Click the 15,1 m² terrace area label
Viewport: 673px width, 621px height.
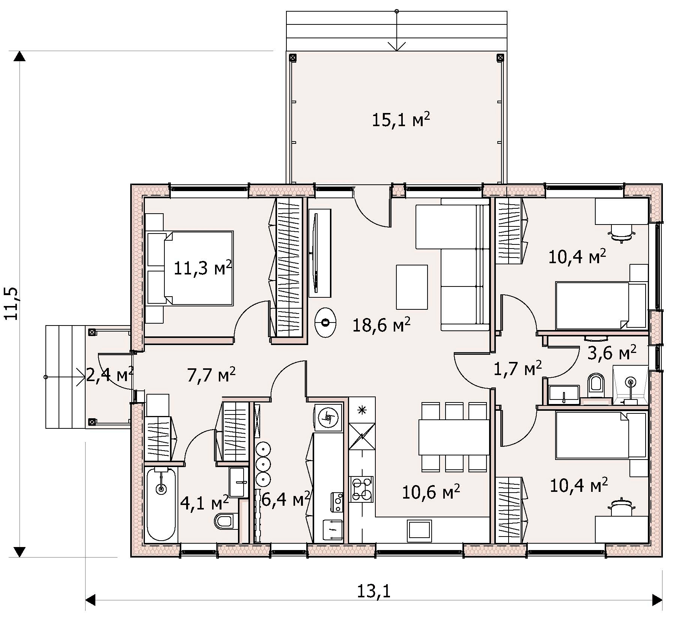tap(400, 120)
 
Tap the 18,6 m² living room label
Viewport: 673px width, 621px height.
tap(381, 325)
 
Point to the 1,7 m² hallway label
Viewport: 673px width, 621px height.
tap(517, 368)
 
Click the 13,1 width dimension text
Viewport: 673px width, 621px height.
tap(373, 591)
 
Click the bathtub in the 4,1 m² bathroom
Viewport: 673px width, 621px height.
tap(161, 504)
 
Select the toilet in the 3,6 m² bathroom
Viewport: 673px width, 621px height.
tap(596, 385)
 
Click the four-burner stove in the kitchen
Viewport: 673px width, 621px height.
tap(361, 489)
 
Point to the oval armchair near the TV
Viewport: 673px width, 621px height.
tap(325, 323)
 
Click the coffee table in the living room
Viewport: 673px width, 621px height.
tap(412, 287)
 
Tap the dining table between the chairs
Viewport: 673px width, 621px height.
tap(454, 437)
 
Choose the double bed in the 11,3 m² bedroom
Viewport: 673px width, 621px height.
tap(190, 268)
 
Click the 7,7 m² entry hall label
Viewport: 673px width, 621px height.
tap(211, 374)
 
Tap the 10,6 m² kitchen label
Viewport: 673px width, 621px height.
tap(431, 492)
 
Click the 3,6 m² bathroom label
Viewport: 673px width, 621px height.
tap(612, 353)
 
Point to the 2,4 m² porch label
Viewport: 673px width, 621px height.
tap(110, 374)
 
